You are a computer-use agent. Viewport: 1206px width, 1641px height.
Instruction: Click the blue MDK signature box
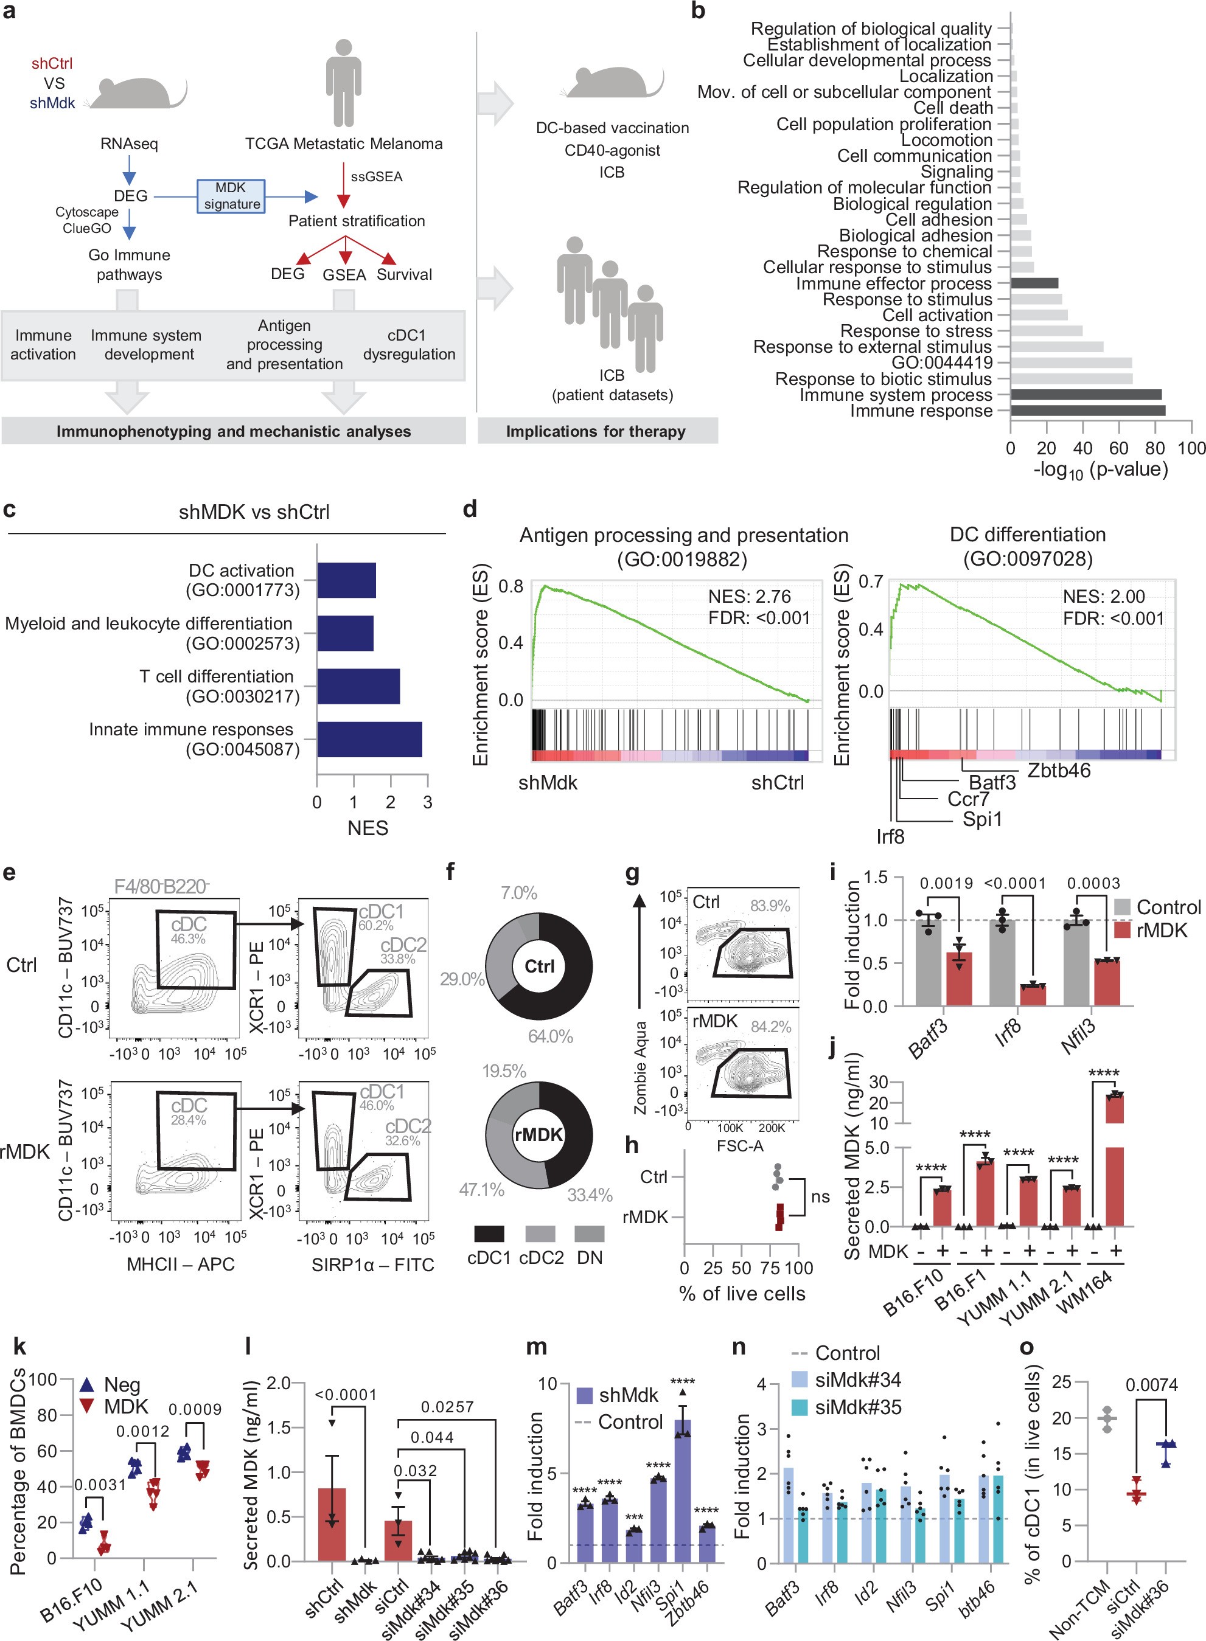[231, 196]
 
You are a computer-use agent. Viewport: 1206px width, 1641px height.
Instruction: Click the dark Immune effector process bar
[1034, 283]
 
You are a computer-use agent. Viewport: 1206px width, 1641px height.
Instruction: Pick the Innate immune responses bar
[369, 739]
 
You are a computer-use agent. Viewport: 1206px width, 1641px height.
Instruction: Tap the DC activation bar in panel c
[346, 580]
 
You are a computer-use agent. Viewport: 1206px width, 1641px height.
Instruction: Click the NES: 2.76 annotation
[749, 596]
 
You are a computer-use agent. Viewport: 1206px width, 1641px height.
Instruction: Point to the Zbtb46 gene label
[1059, 771]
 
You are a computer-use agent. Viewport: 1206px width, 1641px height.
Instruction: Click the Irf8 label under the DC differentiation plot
[890, 836]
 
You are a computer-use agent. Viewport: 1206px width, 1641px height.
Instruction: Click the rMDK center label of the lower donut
[539, 1134]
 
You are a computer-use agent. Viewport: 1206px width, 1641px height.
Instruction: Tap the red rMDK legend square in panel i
[1122, 931]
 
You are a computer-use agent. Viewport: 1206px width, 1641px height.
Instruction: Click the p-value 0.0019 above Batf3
[946, 884]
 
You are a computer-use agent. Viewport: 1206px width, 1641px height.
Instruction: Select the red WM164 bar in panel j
[1114, 1159]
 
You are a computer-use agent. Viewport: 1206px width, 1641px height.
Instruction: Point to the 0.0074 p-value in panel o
[1151, 1385]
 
